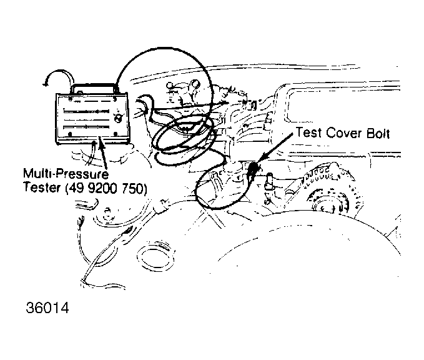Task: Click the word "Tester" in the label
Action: click(x=38, y=186)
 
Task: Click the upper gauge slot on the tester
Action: click(x=87, y=111)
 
